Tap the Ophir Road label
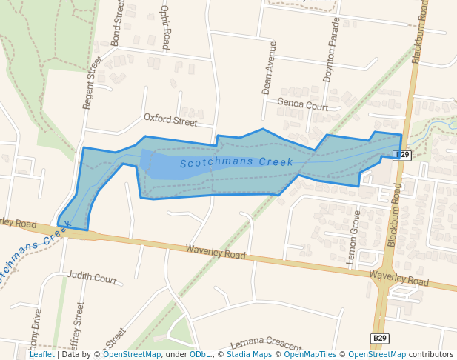[166, 25]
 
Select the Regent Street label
[93, 83]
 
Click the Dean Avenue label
[268, 68]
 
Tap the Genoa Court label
[302, 105]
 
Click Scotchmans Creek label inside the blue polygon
[236, 161]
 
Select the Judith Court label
[92, 278]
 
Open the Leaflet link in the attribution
[41, 355]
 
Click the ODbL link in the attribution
[200, 355]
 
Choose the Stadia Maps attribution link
[249, 355]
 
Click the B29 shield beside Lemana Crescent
[379, 339]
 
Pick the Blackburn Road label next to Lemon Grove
[395, 214]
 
